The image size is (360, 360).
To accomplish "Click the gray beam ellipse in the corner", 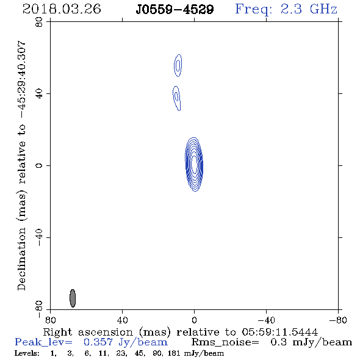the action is (x=73, y=298).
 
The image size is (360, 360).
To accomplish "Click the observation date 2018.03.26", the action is (x=62, y=9).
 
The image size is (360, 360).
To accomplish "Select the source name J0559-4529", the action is (x=175, y=10).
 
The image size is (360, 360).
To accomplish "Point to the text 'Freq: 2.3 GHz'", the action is (x=286, y=9).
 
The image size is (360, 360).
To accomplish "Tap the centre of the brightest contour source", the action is (x=194, y=164).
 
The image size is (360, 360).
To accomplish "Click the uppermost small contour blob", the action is (x=178, y=65).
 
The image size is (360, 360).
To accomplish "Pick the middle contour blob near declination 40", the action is (x=176, y=98).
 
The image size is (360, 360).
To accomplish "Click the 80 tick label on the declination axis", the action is (x=39, y=22).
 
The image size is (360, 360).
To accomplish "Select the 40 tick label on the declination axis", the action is (x=39, y=94).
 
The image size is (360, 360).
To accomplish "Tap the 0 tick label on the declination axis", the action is (x=39, y=165).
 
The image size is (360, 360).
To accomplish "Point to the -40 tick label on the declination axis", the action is (x=39, y=237).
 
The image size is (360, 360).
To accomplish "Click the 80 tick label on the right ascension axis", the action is (x=50, y=320).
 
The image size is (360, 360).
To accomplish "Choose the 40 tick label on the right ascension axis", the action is (x=122, y=320).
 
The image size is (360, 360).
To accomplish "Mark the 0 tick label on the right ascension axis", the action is (x=194, y=320).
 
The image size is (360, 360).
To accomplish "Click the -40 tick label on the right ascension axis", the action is (x=266, y=320).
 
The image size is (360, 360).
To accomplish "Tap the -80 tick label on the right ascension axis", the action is (x=338, y=320).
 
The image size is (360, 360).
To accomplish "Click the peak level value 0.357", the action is (x=98, y=342).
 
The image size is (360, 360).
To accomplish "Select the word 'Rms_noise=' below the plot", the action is (x=225, y=342).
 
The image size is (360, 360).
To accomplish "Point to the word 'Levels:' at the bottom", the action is (x=27, y=353).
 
